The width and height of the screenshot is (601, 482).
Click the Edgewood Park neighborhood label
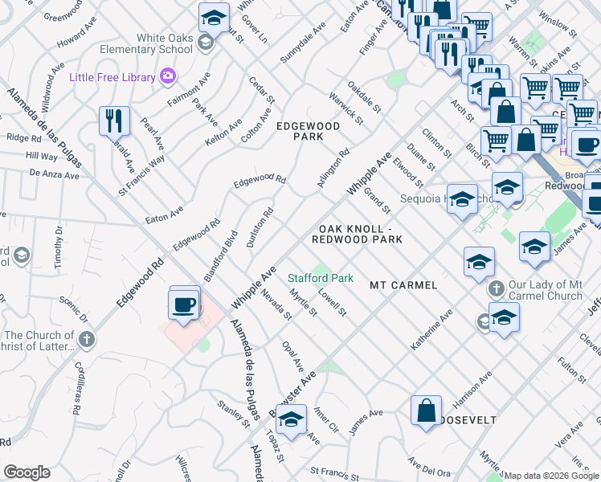(308, 132)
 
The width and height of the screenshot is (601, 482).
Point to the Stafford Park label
(321, 278)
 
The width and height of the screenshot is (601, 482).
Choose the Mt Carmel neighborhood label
(403, 285)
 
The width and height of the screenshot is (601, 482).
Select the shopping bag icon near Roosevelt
(427, 411)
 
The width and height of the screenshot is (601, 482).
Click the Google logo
(27, 472)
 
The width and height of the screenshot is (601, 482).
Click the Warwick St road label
(345, 108)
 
